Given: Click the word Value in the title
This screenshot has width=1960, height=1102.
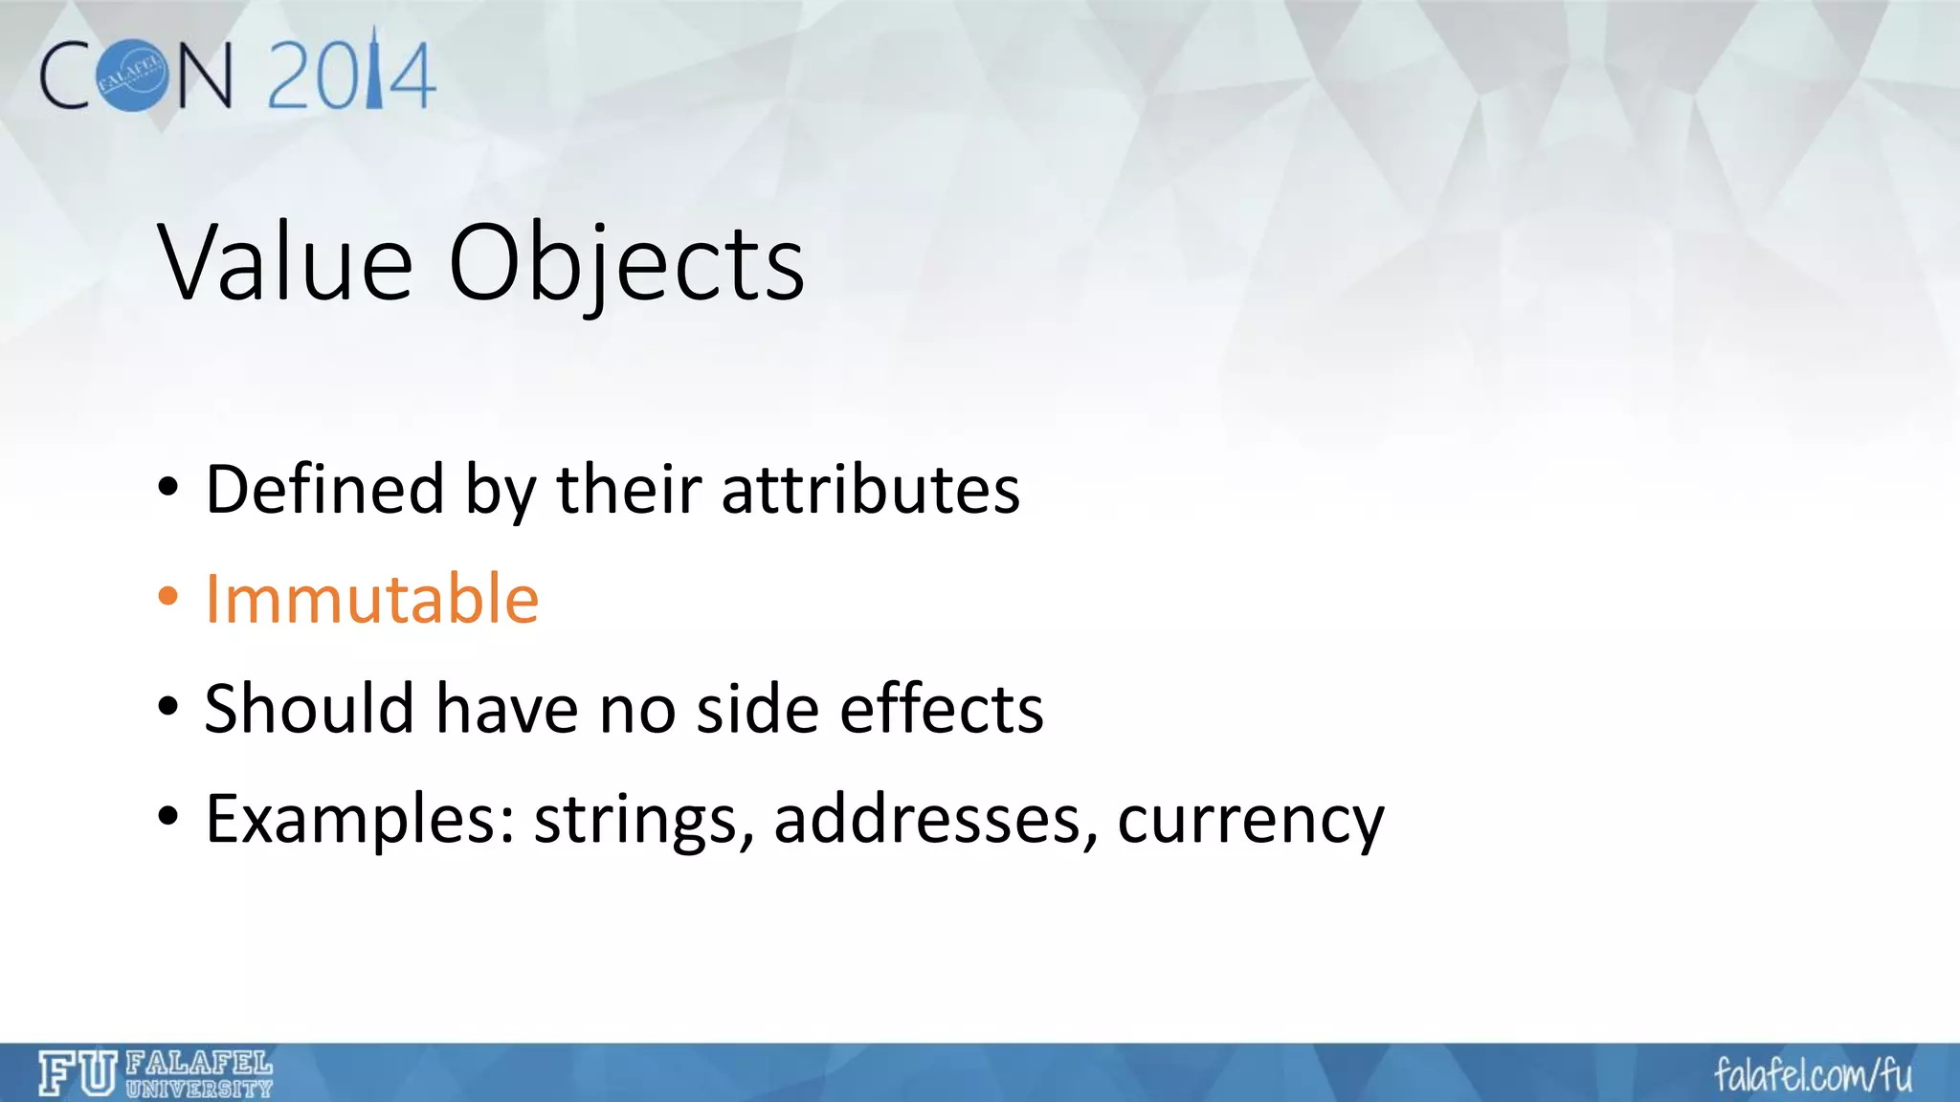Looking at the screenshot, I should click(x=285, y=262).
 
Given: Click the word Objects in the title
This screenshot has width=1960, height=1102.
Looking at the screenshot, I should click(x=626, y=264).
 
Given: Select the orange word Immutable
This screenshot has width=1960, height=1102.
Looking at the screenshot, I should click(x=372, y=600).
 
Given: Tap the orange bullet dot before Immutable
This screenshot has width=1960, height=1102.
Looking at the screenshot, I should click(x=168, y=597).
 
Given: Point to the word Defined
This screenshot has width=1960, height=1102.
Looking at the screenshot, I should click(x=324, y=490).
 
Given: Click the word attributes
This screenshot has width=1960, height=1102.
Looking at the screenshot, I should click(x=870, y=490).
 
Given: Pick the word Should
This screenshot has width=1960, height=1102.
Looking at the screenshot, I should click(x=309, y=710).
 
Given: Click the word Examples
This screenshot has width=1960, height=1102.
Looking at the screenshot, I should click(x=360, y=820).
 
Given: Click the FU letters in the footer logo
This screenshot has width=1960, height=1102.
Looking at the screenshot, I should click(x=77, y=1073).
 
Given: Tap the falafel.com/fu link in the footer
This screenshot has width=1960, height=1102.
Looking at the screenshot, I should click(x=1813, y=1075).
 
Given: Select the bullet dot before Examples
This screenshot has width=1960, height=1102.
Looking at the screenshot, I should click(x=168, y=817).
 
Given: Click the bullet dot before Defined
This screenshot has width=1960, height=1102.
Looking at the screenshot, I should click(x=168, y=488).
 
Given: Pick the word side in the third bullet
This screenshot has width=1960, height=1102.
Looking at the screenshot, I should click(x=757, y=710).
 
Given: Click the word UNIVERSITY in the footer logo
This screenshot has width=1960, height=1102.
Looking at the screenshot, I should click(x=199, y=1089).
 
